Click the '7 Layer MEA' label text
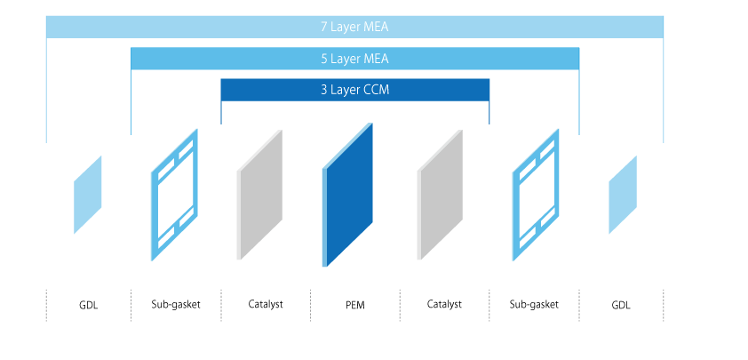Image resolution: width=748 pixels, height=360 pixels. click(x=354, y=27)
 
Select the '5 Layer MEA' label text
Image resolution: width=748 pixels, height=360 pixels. click(x=354, y=59)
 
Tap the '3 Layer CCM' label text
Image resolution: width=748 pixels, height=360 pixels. click(x=354, y=90)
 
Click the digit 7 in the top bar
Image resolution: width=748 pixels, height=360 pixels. click(x=323, y=27)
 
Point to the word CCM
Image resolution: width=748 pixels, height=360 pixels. click(x=377, y=90)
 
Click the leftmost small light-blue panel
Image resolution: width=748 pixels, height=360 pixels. click(x=88, y=195)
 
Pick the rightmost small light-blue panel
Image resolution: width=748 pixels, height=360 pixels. click(x=623, y=195)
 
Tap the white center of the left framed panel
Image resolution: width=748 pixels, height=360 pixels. click(x=174, y=195)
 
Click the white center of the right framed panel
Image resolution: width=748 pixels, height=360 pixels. click(x=536, y=195)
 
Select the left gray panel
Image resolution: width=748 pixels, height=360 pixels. click(x=259, y=196)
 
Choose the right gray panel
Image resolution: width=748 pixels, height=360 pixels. click(x=440, y=196)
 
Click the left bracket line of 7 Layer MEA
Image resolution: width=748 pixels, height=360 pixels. click(x=45, y=89)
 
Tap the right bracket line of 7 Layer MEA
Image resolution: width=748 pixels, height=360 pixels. click(x=664, y=89)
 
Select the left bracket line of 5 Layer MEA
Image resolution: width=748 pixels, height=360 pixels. click(x=131, y=102)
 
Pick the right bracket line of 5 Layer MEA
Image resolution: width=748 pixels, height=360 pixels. click(x=579, y=102)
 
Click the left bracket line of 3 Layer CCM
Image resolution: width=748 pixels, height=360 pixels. click(x=221, y=113)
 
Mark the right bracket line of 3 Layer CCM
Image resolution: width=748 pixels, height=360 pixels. click(x=489, y=113)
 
